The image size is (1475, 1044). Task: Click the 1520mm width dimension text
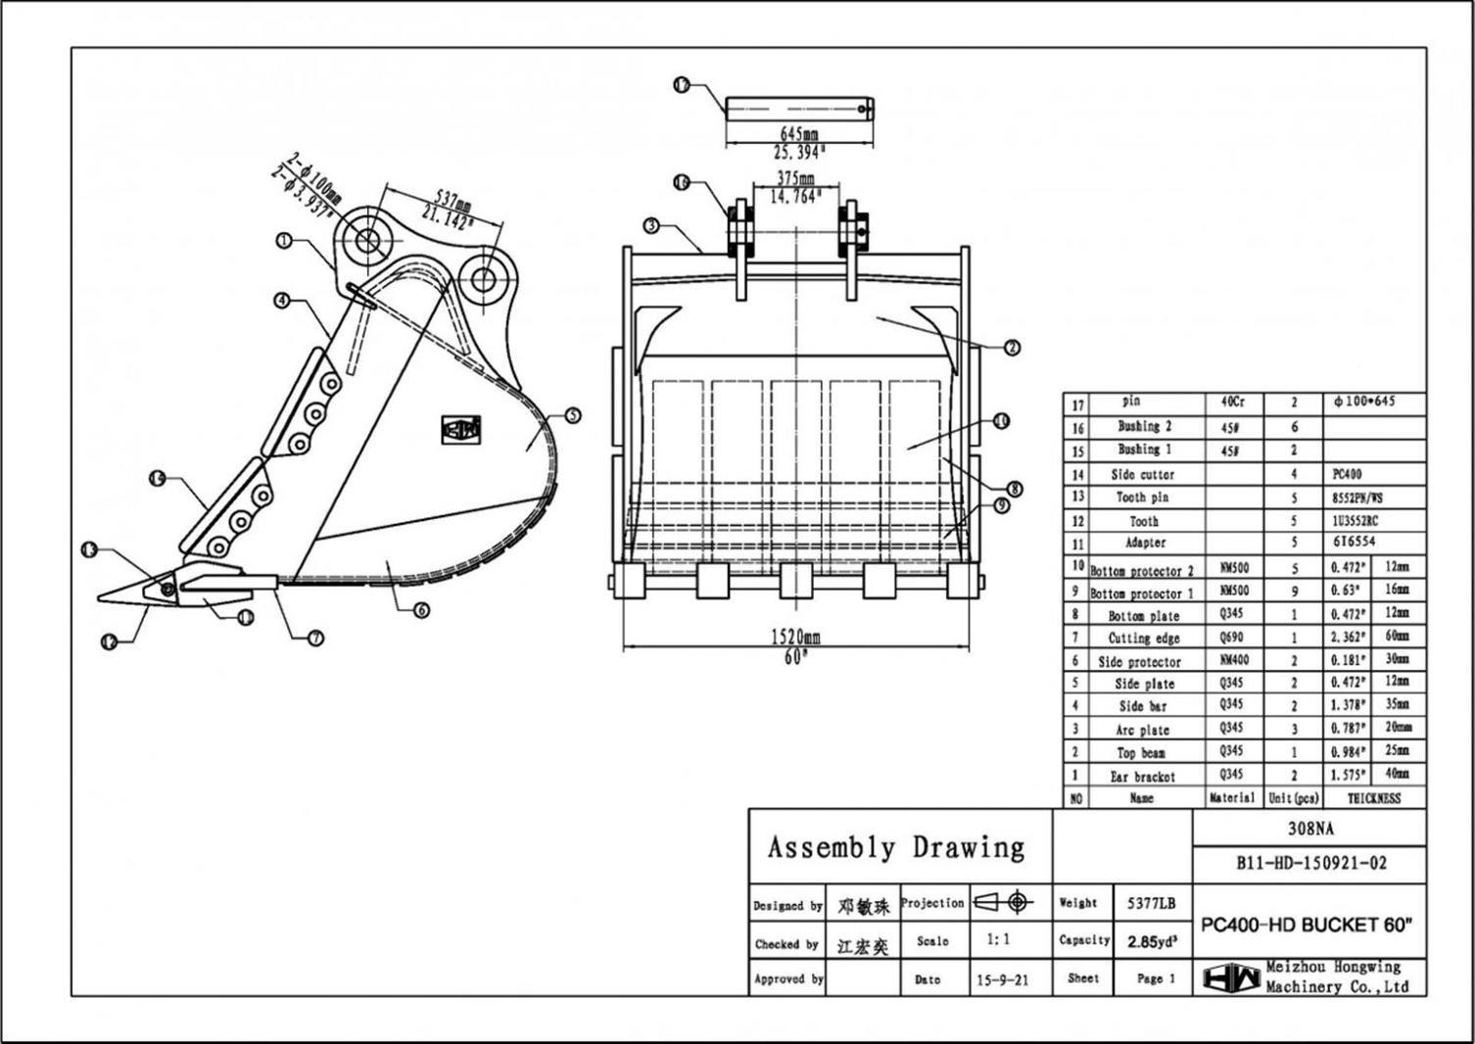[796, 637]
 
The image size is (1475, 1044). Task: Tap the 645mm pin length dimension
[798, 133]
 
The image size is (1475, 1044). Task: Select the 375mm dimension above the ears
[795, 178]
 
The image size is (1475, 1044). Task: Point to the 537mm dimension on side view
[452, 202]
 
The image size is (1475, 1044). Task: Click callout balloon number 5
[573, 415]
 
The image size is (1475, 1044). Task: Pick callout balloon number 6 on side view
[421, 610]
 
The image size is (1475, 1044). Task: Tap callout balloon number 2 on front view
[1012, 347]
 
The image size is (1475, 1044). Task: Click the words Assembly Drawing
[895, 847]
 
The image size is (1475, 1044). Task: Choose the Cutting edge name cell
[1143, 639]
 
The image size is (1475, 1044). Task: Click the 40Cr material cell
[1232, 402]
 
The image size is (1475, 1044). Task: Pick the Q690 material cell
[1232, 638]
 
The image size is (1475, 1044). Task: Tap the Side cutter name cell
[1142, 474]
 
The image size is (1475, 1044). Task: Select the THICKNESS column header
[1373, 799]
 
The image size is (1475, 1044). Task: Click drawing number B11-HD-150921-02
[1310, 864]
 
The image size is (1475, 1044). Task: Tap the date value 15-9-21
[1002, 979]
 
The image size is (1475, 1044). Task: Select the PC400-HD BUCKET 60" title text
[1308, 925]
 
